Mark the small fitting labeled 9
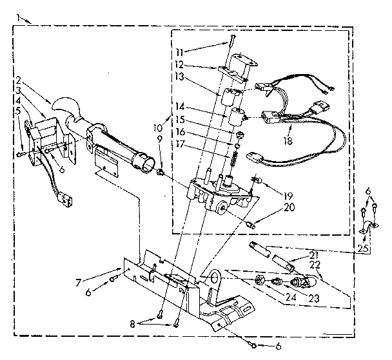[x=159, y=172]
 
